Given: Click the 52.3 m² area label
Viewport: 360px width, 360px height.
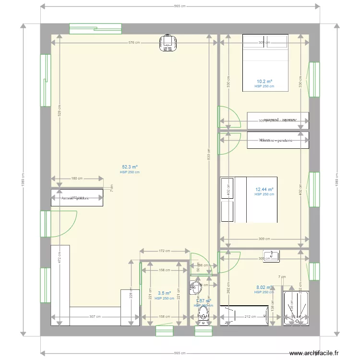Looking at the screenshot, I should pos(130,167).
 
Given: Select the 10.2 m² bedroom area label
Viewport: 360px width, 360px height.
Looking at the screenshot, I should pos(264,82).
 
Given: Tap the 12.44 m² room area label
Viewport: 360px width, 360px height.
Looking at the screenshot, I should pos(264,190).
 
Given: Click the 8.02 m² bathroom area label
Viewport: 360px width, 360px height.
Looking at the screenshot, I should pos(264,288).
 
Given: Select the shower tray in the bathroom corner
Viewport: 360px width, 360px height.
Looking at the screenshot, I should pos(295,307).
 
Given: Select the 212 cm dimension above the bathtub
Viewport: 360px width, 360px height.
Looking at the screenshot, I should pos(250,316).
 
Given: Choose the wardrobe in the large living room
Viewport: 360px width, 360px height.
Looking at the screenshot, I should pos(77,198).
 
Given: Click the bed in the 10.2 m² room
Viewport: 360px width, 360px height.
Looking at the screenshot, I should pos(265,62).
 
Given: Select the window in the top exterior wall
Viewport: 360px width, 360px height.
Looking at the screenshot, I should pos(95,29).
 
